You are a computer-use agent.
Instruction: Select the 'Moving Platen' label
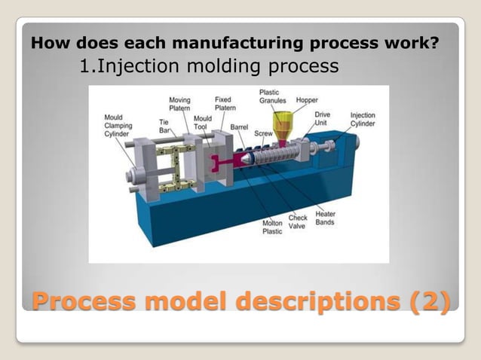pos(179,104)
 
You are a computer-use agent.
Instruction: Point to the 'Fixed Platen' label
pos(224,103)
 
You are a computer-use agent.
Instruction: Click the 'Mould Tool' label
pos(202,123)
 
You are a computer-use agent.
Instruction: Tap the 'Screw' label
pos(263,133)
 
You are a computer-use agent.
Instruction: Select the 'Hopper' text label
pos(307,99)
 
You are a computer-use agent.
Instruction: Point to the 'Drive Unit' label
pos(322,118)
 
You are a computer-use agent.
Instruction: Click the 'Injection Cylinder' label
pos(363,121)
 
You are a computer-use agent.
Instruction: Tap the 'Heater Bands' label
pos(326,218)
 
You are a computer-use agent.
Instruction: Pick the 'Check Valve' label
pos(297,222)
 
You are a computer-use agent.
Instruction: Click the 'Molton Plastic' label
pos(272,227)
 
